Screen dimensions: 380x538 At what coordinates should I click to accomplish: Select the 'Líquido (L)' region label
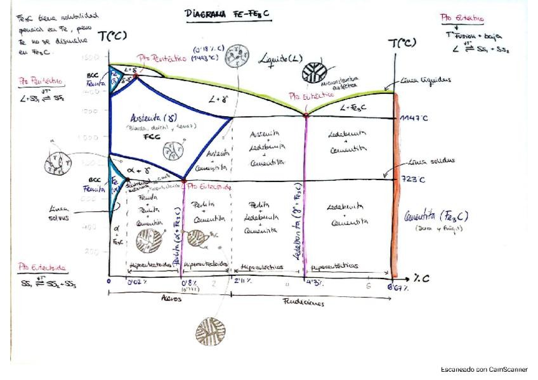[282, 59]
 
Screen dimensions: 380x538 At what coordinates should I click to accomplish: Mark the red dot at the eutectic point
[306, 115]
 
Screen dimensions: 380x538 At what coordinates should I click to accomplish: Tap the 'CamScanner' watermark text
[484, 369]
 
